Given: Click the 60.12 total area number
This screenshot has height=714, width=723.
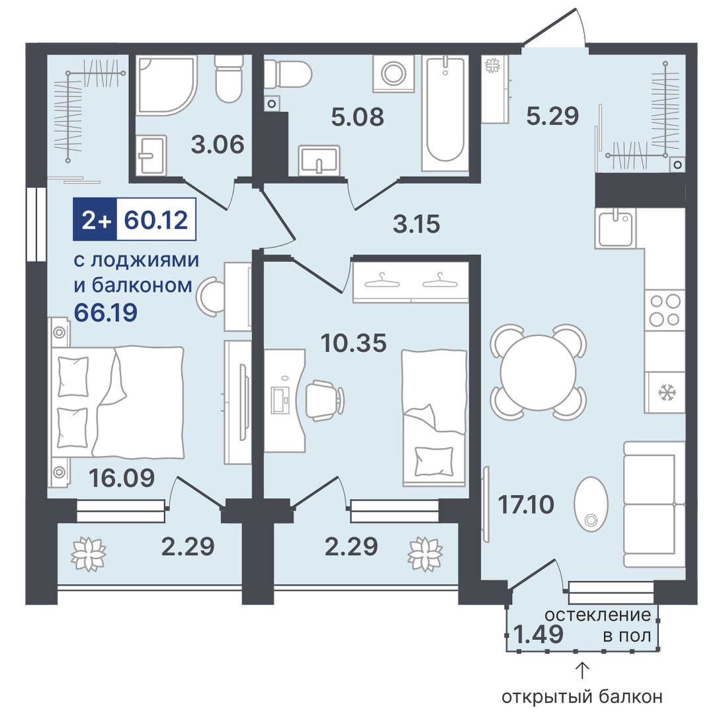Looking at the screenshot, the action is click(x=156, y=220).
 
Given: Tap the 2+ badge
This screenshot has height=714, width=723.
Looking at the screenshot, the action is click(x=95, y=220).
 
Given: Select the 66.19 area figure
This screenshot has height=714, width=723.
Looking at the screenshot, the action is click(x=106, y=313).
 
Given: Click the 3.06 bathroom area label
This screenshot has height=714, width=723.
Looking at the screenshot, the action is click(x=218, y=145).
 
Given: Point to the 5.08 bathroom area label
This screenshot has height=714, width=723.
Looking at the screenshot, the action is click(x=357, y=117).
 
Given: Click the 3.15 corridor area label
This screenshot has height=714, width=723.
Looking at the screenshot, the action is click(x=416, y=224).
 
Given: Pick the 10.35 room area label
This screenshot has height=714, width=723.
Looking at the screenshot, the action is click(x=353, y=343).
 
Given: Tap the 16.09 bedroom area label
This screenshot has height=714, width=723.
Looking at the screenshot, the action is click(x=122, y=478).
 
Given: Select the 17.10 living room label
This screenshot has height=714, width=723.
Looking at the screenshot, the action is click(x=526, y=505).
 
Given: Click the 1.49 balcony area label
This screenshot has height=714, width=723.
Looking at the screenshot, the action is click(x=538, y=634).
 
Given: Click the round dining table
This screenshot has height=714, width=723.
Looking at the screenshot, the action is click(x=538, y=373).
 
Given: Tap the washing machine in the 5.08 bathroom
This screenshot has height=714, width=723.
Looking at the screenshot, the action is click(x=394, y=73).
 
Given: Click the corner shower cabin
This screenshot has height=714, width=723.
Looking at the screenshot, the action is click(x=167, y=85).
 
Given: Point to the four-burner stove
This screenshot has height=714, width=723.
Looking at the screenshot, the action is click(x=664, y=311).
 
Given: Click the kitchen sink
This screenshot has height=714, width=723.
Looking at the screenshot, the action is click(x=615, y=228).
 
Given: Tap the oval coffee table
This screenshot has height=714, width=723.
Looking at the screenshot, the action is click(x=591, y=504).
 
